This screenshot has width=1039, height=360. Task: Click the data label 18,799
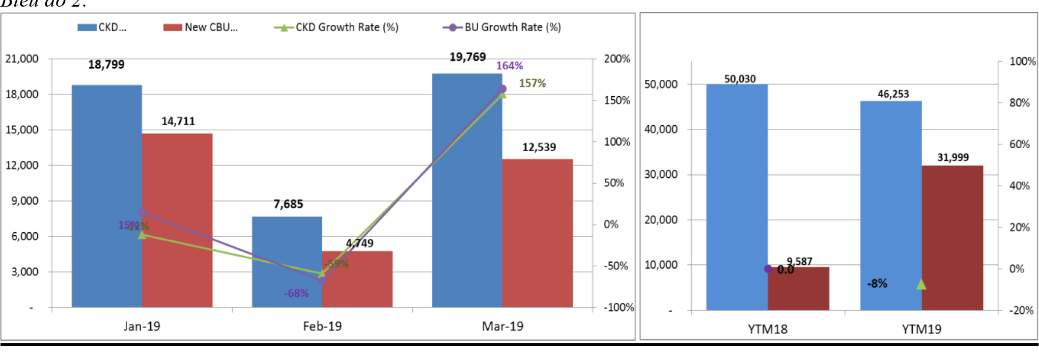tap(106, 65)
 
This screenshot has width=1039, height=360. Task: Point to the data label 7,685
tap(288, 204)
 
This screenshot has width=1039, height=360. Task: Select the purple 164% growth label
tap(510, 66)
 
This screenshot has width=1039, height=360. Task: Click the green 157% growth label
tap(532, 83)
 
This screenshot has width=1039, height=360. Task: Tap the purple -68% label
tap(296, 293)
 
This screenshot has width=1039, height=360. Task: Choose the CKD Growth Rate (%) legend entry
tap(336, 27)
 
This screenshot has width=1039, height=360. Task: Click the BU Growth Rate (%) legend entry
tap(502, 27)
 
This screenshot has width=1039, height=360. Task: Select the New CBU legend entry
tap(201, 27)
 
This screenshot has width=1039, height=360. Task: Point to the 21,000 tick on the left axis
tap(22, 59)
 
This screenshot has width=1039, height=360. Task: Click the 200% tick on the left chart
tap(617, 59)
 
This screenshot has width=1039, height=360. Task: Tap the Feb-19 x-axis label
tap(322, 326)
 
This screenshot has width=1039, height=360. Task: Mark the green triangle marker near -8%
tap(921, 285)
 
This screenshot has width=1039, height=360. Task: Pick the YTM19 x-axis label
tap(921, 329)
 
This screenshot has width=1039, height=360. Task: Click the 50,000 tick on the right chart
tap(661, 84)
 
